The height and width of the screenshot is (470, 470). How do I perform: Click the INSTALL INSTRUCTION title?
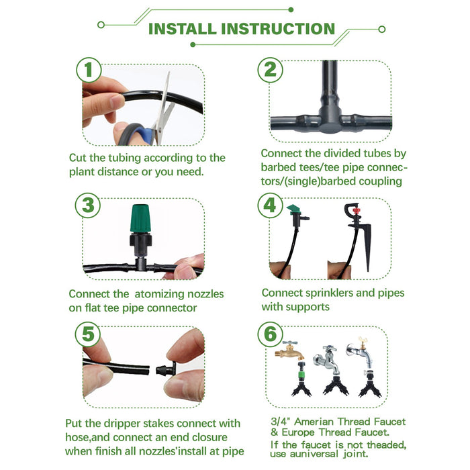(241, 29)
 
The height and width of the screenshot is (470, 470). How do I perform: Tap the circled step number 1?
(89, 70)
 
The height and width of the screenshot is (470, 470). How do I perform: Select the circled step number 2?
(270, 70)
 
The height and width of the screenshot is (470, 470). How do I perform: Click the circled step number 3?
(89, 205)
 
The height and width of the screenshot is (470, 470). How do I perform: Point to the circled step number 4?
(270, 205)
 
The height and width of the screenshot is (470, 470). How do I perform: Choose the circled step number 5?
(89, 334)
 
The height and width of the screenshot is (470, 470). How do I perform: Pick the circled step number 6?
(270, 334)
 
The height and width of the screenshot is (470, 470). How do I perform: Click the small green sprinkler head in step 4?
(296, 211)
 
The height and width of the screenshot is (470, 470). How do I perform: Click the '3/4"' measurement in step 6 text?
(279, 422)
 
